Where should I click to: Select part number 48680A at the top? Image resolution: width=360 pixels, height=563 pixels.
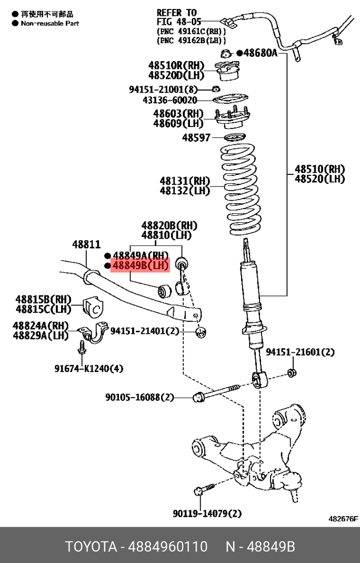[260, 53]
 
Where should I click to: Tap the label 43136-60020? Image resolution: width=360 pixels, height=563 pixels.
[170, 100]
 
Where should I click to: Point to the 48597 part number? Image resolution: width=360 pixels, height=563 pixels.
[196, 137]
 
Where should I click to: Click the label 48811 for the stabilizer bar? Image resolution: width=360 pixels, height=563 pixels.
[86, 244]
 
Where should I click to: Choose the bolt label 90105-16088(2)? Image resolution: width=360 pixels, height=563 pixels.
[139, 397]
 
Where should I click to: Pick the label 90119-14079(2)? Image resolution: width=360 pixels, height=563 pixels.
[207, 513]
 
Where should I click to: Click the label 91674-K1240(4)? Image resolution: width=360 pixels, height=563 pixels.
[88, 368]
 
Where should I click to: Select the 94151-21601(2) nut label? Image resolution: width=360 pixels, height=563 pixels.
[299, 352]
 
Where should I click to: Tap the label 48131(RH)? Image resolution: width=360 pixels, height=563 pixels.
[184, 181]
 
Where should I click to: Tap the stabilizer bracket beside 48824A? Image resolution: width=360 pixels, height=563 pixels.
[94, 334]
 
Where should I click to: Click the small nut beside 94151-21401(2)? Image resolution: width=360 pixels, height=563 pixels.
[201, 332]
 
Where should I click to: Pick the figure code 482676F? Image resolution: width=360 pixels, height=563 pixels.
[343, 519]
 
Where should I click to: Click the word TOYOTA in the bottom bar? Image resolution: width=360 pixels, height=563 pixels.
[91, 547]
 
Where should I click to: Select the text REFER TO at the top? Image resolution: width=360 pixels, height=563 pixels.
[177, 13]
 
